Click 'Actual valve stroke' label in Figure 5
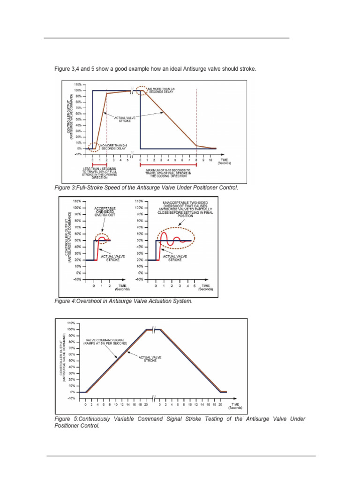tap(150, 359)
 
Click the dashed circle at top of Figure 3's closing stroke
tap(141, 90)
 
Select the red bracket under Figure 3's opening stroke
tap(100, 165)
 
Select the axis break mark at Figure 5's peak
tap(153, 330)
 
